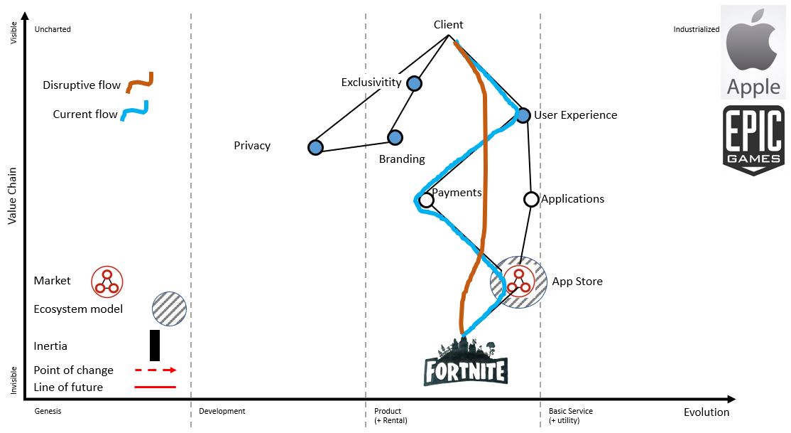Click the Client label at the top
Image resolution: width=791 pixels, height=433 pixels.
(x=448, y=25)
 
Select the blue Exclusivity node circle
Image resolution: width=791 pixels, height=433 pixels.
(x=414, y=84)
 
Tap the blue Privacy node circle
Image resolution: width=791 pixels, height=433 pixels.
(x=316, y=147)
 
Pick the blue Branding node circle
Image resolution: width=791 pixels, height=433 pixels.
(x=395, y=137)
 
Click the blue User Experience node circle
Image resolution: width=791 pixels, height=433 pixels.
(x=523, y=115)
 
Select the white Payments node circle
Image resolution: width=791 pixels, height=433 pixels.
(x=426, y=201)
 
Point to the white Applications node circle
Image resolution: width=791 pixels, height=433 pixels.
(x=530, y=199)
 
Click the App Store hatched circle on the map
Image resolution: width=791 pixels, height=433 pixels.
(x=518, y=282)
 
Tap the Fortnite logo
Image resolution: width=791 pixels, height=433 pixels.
(x=465, y=363)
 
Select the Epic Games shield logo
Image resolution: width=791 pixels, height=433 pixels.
(x=753, y=140)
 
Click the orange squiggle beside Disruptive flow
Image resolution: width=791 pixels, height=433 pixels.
(x=140, y=82)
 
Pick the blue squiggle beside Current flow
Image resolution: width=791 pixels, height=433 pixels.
(x=134, y=111)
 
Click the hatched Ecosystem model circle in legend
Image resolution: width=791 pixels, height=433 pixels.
(x=169, y=309)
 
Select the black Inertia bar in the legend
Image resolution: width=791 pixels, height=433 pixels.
(x=155, y=346)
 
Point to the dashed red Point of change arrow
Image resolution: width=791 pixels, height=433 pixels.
(x=155, y=370)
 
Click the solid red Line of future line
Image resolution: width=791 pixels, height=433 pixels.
(x=155, y=387)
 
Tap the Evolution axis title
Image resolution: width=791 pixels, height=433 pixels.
(x=706, y=412)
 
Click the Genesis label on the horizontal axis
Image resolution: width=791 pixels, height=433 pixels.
(x=48, y=411)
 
